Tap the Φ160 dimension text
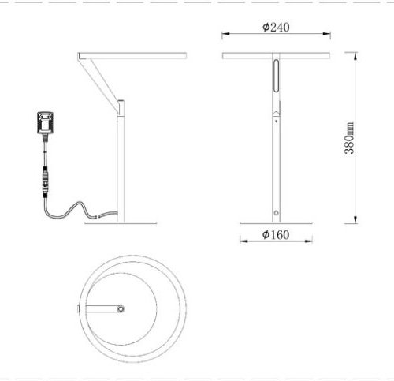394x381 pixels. coord(275,235)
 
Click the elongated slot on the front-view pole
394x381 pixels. coord(276,79)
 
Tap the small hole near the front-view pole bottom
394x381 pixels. coord(276,212)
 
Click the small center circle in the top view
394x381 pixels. coord(120,308)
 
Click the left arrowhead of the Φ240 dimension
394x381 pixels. coord(225,34)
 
